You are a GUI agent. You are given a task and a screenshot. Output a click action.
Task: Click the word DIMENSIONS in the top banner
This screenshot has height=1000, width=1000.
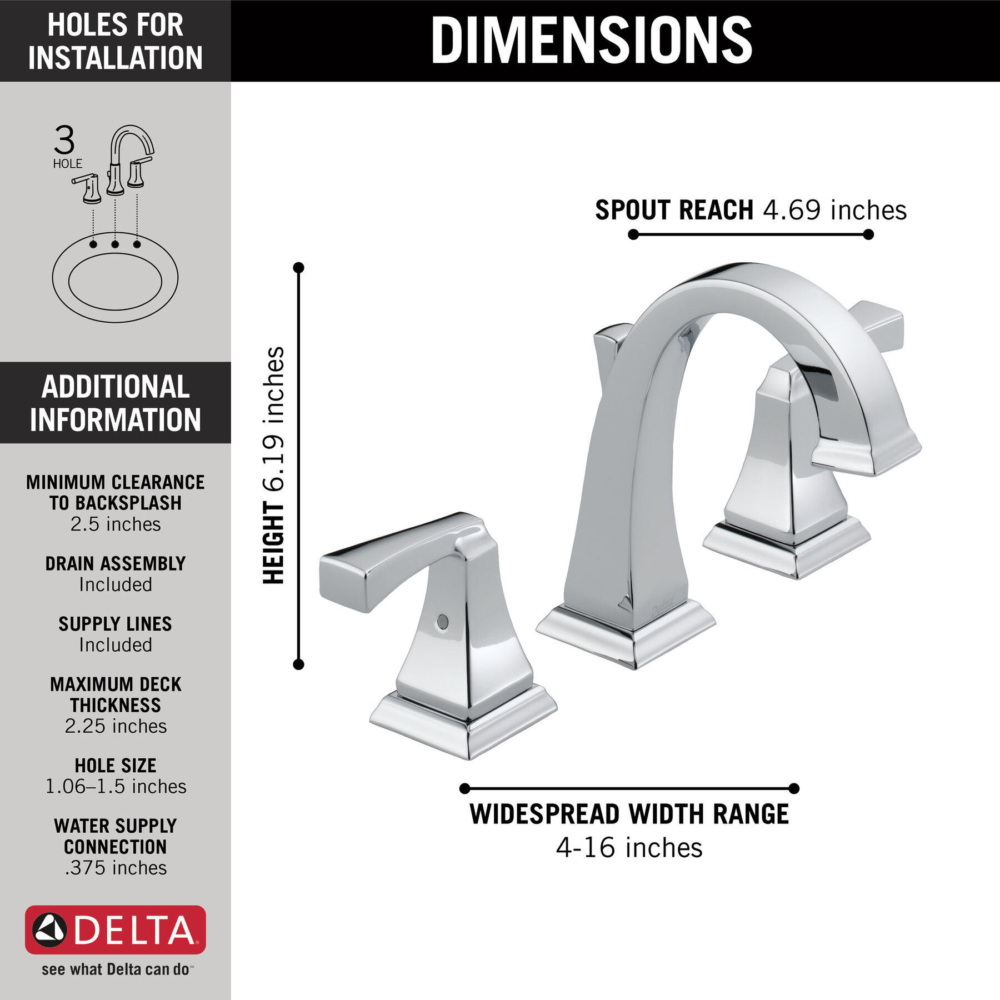tap(591, 40)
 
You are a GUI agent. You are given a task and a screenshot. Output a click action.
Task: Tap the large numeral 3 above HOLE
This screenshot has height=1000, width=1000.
tap(64, 141)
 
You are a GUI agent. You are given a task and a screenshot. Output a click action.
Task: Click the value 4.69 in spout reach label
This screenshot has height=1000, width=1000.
tap(792, 211)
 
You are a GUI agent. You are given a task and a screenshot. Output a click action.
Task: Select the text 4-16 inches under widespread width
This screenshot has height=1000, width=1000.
tap(629, 848)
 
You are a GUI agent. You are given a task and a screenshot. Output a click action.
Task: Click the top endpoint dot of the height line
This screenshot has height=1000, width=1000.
tap(299, 268)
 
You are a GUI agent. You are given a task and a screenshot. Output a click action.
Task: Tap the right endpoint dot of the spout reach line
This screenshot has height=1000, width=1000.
tap(869, 235)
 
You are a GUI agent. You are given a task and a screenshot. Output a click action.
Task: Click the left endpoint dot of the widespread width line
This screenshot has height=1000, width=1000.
tap(465, 788)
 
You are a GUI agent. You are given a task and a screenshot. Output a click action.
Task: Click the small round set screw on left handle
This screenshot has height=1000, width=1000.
tap(443, 622)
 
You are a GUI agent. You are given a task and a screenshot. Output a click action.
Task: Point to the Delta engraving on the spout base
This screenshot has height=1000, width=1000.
tap(662, 606)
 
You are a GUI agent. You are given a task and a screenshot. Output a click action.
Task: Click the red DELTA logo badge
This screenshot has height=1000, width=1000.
tap(116, 930)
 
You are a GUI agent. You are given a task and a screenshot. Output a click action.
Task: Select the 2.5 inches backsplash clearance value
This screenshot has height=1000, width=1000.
tap(116, 524)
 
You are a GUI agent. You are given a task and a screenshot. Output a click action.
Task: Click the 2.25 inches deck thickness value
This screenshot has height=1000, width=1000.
tap(116, 726)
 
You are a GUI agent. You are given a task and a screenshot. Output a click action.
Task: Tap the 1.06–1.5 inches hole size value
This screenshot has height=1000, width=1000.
tap(116, 787)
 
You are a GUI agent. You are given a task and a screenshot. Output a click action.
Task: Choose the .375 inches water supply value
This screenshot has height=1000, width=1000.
tap(116, 868)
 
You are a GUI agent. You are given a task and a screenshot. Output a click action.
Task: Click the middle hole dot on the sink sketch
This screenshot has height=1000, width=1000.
tap(115, 244)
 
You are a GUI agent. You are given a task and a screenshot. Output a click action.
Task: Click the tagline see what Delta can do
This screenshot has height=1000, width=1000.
tap(116, 969)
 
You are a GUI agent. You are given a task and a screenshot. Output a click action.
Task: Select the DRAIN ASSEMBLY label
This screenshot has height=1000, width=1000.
tap(116, 564)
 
